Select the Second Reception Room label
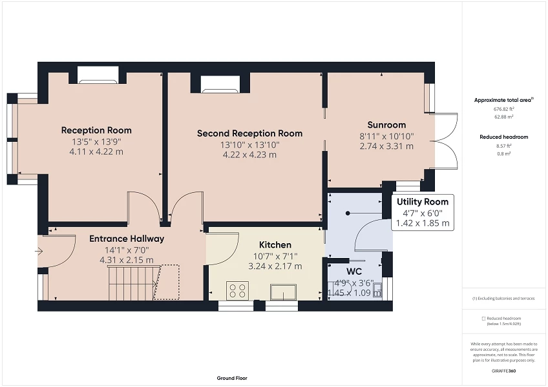[249, 134]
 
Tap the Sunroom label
[386, 125]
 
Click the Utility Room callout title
[422, 202]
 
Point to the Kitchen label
[275, 245]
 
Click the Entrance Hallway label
[127, 239]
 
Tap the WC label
[353, 272]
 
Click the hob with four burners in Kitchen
[237, 290]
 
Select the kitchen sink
[283, 292]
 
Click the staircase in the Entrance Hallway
[132, 283]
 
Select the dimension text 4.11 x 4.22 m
[96, 152]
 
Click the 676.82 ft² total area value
[503, 110]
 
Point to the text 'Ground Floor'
[231, 379]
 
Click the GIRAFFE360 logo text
[503, 371]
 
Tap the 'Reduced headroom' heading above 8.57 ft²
[503, 137]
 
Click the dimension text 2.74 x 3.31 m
[386, 146]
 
